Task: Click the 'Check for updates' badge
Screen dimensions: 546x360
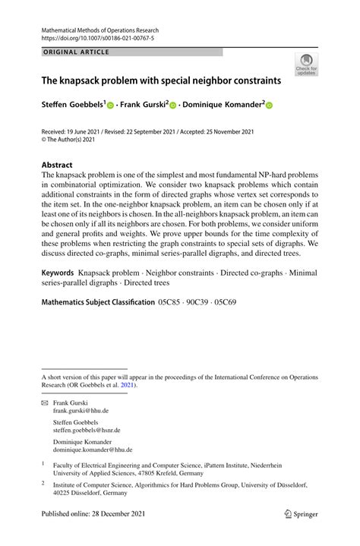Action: coord(307,64)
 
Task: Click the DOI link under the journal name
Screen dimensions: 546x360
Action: coord(92,36)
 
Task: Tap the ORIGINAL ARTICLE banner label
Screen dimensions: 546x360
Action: coord(76,52)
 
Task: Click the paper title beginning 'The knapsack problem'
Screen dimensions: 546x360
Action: coord(161,80)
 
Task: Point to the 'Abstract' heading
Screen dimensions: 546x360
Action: coord(57,165)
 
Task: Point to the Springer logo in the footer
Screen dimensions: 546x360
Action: coord(301,535)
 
